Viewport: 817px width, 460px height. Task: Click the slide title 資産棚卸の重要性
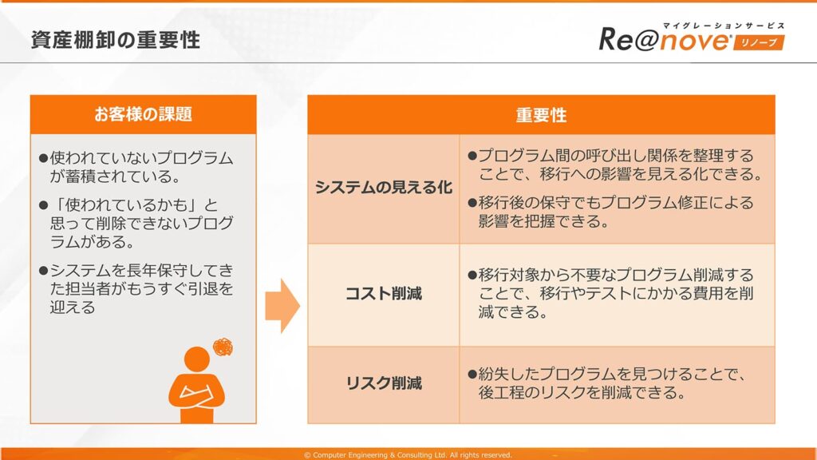pyautogui.click(x=115, y=40)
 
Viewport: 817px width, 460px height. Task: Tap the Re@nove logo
pyautogui.click(x=692, y=38)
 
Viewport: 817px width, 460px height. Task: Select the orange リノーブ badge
pyautogui.click(x=759, y=42)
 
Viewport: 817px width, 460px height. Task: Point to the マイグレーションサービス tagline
pyautogui.click(x=724, y=26)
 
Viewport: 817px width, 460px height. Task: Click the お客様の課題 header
pyautogui.click(x=144, y=114)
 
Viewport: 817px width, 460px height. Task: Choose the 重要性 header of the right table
pyautogui.click(x=541, y=115)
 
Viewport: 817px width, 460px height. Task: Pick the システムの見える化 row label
pyautogui.click(x=384, y=187)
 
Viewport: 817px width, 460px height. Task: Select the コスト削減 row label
pyautogui.click(x=384, y=294)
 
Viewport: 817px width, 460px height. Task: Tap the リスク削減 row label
pyautogui.click(x=384, y=383)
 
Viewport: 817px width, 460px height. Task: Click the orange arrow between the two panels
pyautogui.click(x=282, y=306)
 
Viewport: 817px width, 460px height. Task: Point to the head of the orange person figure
pyautogui.click(x=197, y=359)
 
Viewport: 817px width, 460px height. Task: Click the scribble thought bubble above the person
pyautogui.click(x=223, y=347)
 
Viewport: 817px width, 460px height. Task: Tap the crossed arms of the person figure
pyautogui.click(x=196, y=392)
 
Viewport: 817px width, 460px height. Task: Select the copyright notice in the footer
pyautogui.click(x=408, y=454)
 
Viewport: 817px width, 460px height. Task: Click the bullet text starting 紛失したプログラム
pyautogui.click(x=607, y=383)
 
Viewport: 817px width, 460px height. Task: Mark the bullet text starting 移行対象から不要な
pyautogui.click(x=610, y=293)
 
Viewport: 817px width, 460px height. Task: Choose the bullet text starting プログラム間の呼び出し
pyautogui.click(x=615, y=165)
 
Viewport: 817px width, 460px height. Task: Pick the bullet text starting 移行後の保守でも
pyautogui.click(x=610, y=212)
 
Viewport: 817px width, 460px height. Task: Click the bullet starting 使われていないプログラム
pyautogui.click(x=136, y=167)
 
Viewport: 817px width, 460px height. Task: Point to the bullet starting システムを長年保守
pyautogui.click(x=136, y=288)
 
